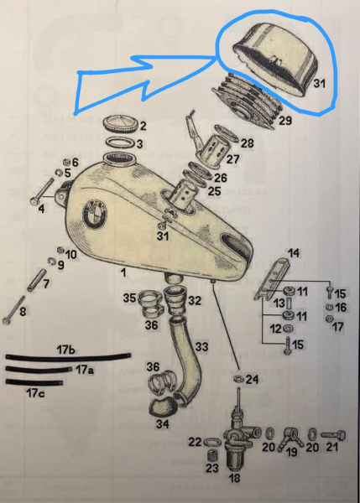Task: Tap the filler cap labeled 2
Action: pyautogui.click(x=121, y=124)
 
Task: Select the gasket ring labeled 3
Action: pyautogui.click(x=121, y=142)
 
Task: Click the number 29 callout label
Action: pyautogui.click(x=284, y=121)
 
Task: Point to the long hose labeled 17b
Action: pyautogui.click(x=68, y=357)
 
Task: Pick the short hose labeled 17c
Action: pyautogui.click(x=34, y=382)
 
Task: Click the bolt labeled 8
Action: pyautogui.click(x=13, y=310)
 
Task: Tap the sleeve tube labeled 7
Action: pyautogui.click(x=37, y=280)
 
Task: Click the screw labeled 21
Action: pyautogui.click(x=333, y=435)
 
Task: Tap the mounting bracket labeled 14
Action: pyautogui.click(x=272, y=278)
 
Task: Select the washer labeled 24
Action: pyautogui.click(x=239, y=379)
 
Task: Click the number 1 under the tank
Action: pyautogui.click(x=123, y=273)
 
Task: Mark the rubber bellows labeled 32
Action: pyautogui.click(x=175, y=302)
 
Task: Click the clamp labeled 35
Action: pyautogui.click(x=151, y=305)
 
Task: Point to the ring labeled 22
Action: pyautogui.click(x=212, y=443)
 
